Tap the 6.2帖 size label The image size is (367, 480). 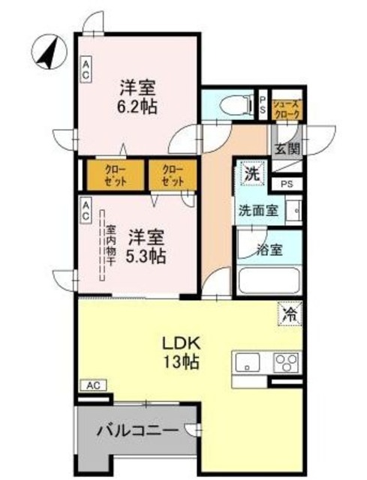tap(137, 106)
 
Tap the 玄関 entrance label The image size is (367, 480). tap(283, 148)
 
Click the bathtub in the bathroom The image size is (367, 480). tap(269, 281)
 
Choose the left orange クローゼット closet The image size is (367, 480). tap(116, 175)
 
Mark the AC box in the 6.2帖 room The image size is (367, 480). tap(86, 70)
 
